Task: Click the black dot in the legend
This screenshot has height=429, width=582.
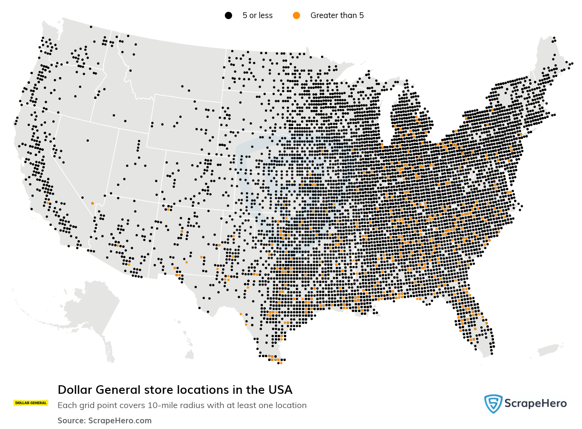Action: click(228, 15)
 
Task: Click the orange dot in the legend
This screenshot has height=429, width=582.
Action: click(297, 15)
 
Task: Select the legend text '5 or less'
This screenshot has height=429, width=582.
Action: click(257, 15)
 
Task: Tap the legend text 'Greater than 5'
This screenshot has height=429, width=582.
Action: click(337, 15)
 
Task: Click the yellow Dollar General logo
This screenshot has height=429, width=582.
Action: click(31, 403)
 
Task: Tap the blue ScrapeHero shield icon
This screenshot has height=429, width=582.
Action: click(493, 404)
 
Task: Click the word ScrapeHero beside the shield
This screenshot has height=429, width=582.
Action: click(536, 404)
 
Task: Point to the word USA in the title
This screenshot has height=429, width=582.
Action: click(280, 390)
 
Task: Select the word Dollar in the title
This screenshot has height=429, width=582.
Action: click(75, 390)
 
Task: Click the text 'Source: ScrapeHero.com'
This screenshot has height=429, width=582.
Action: click(105, 420)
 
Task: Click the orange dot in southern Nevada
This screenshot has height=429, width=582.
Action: click(92, 203)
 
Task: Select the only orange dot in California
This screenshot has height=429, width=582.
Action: click(48, 203)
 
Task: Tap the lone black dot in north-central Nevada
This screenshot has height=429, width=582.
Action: click(87, 140)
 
